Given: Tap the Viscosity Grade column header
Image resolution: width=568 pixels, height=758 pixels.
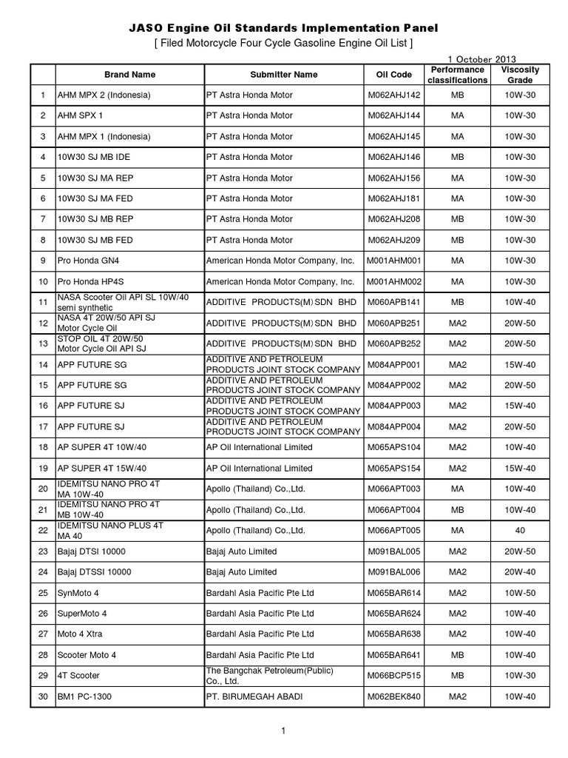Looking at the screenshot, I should click(520, 75).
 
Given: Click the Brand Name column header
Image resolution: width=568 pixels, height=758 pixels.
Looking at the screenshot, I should click(129, 75).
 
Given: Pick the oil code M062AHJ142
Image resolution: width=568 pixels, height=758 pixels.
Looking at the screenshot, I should click(393, 95).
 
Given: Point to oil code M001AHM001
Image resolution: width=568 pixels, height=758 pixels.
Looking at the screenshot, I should click(393, 261).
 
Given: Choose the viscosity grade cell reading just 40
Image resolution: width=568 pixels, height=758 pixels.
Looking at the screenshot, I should click(520, 531).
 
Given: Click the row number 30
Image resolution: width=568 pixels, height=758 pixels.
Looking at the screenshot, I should click(43, 697).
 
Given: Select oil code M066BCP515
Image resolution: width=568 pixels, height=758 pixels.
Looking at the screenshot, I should click(393, 676).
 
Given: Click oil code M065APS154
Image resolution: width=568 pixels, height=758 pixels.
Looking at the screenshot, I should click(393, 469).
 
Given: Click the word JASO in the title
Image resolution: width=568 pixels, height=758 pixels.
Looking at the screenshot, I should click(144, 28).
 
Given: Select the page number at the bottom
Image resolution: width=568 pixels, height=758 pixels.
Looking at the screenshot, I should click(283, 731).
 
